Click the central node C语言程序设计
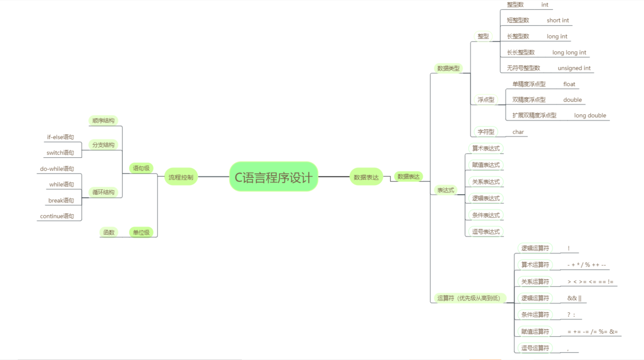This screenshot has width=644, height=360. [x=274, y=177]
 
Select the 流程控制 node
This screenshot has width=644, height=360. [x=181, y=177]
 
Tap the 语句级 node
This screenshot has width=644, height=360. [x=141, y=168]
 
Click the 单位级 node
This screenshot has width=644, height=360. [x=141, y=232]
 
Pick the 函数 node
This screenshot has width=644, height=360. [x=109, y=232]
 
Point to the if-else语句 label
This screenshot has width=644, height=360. [x=60, y=137]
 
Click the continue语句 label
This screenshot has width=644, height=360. [x=57, y=216]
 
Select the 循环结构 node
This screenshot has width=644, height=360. [x=103, y=192]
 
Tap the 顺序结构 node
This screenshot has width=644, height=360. [x=103, y=120]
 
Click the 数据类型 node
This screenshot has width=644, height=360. [x=448, y=68]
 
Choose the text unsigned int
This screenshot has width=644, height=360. [x=574, y=68]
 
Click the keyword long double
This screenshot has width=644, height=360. [x=590, y=116]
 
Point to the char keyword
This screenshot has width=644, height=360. [x=518, y=132]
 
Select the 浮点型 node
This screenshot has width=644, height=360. [x=486, y=99]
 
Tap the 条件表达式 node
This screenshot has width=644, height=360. [x=486, y=215]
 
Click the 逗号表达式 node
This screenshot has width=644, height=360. [x=486, y=231]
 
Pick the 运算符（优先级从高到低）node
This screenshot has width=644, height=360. [x=469, y=298]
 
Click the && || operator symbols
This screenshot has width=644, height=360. [x=574, y=298]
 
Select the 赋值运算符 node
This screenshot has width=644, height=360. [x=535, y=331]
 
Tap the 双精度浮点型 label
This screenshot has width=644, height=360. [x=529, y=100]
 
